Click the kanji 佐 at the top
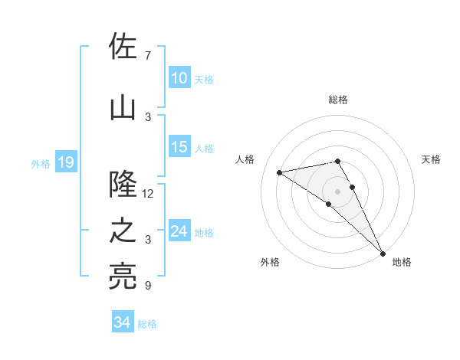[123, 47]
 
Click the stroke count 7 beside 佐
[147, 55]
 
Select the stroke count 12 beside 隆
[148, 194]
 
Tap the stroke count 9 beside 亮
[147, 286]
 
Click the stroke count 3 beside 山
[147, 116]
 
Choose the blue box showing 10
[179, 78]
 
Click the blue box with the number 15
[179, 148]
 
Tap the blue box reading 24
[179, 231]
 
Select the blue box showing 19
[65, 162]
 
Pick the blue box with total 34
[122, 323]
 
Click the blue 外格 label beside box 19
[40, 163]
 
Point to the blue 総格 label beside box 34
[147, 324]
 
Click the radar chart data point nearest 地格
[383, 253]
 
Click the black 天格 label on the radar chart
[432, 159]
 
